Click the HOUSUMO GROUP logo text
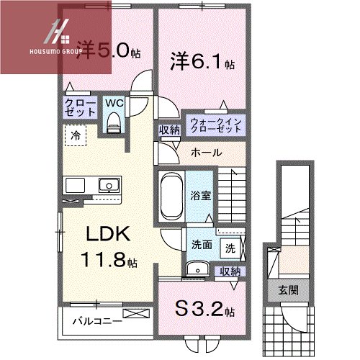tap(55, 51)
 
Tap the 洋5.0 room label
tap(108, 51)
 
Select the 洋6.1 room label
tap(202, 61)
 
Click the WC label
tap(114, 103)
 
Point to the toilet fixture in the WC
tap(113, 122)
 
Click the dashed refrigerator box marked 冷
tap(76, 135)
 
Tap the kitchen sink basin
tap(109, 185)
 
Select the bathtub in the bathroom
tap(171, 197)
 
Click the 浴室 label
tap(201, 196)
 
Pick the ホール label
tap(207, 153)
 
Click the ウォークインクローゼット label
tap(216, 125)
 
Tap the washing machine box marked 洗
tap(230, 248)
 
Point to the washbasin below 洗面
tap(198, 270)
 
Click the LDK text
tap(108, 234)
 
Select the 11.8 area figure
tap(109, 260)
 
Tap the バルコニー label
tap(97, 321)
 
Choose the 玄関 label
tap(288, 290)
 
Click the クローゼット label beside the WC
tap(80, 107)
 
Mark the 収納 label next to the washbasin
tap(230, 271)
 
